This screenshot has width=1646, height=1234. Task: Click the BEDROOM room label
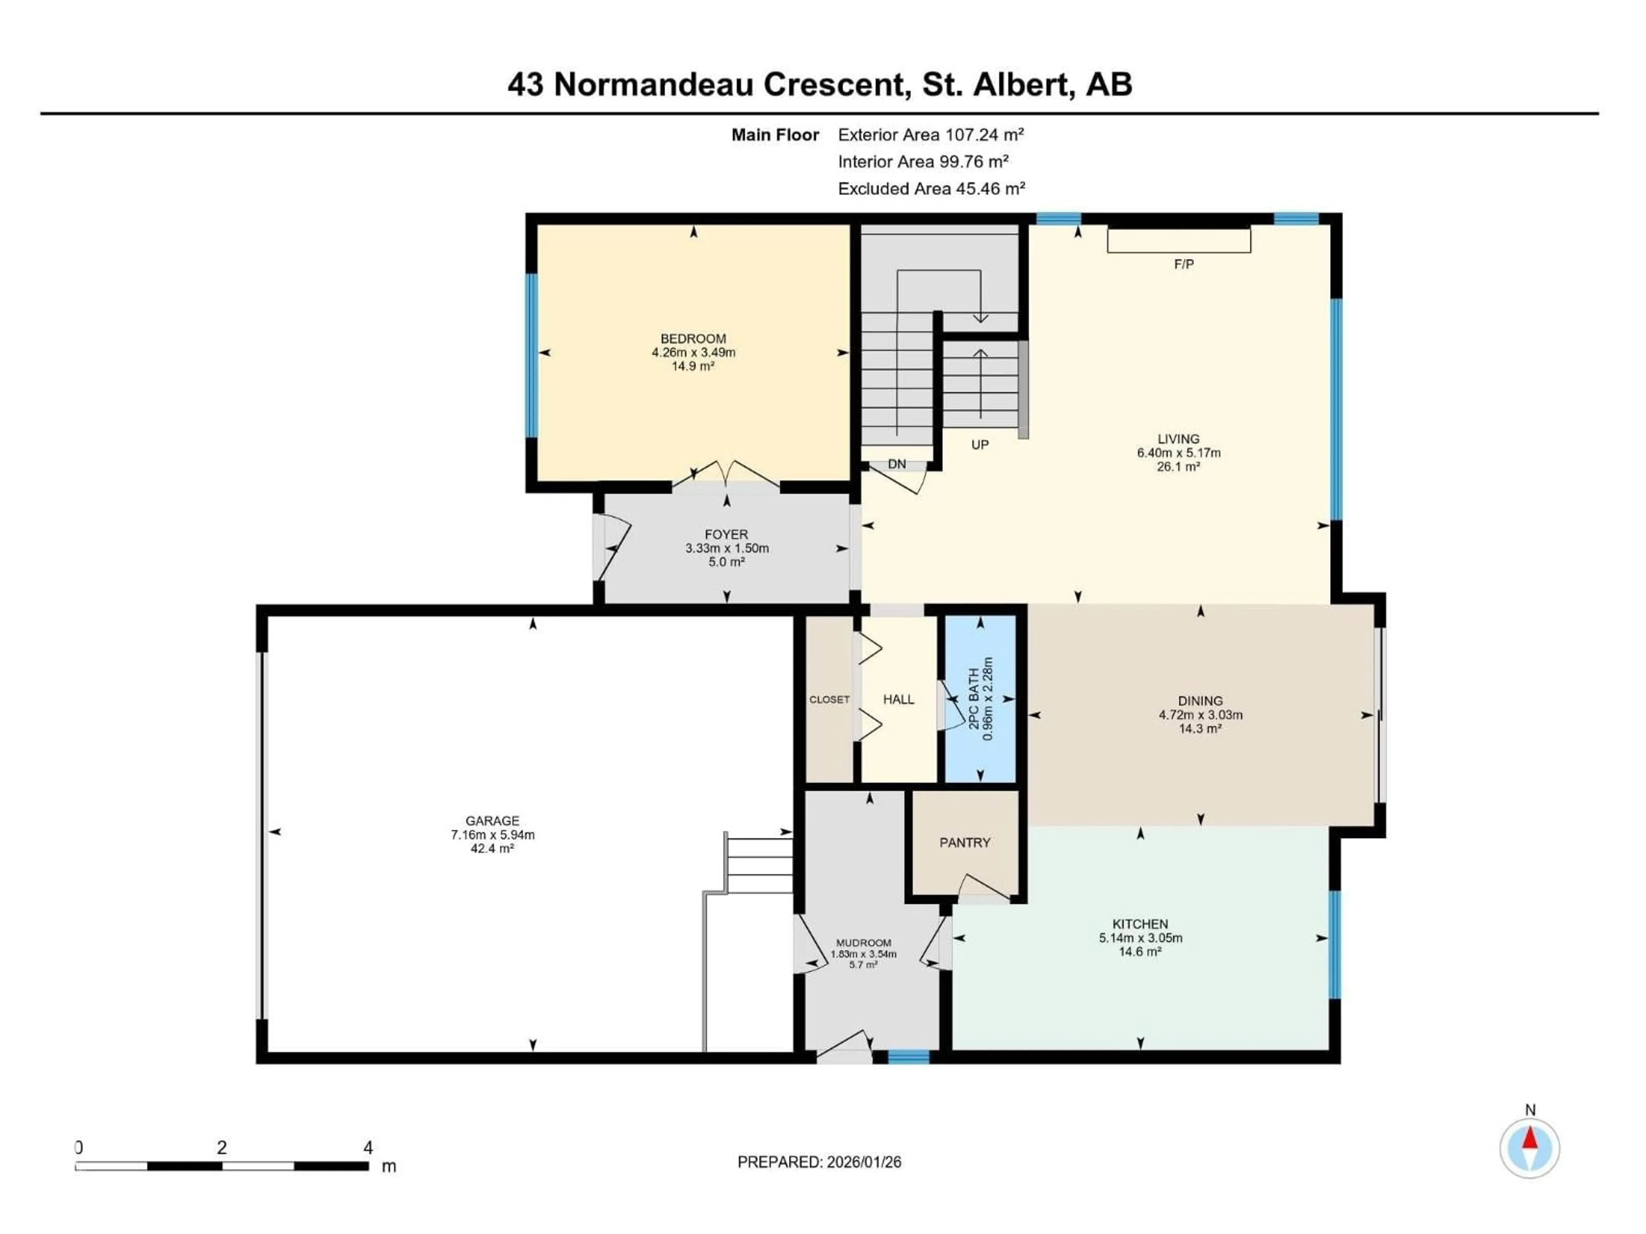[x=693, y=338]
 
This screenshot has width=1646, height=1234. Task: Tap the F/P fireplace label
[x=1183, y=264]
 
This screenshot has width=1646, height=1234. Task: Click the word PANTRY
[x=964, y=843]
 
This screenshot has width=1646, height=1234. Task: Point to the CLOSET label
[x=829, y=699]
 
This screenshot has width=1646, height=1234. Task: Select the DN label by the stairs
[x=897, y=464]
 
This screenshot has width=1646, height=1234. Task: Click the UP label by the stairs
[x=979, y=445]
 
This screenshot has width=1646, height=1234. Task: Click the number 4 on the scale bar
[x=368, y=1148]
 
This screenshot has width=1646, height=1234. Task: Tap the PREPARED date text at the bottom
[x=819, y=1162]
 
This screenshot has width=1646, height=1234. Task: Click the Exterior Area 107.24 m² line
[x=930, y=135]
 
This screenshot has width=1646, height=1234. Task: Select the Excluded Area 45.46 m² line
[x=931, y=189]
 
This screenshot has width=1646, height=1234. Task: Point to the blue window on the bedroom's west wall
[x=531, y=356]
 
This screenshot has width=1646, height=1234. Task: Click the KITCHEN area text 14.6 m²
[x=1140, y=951]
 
